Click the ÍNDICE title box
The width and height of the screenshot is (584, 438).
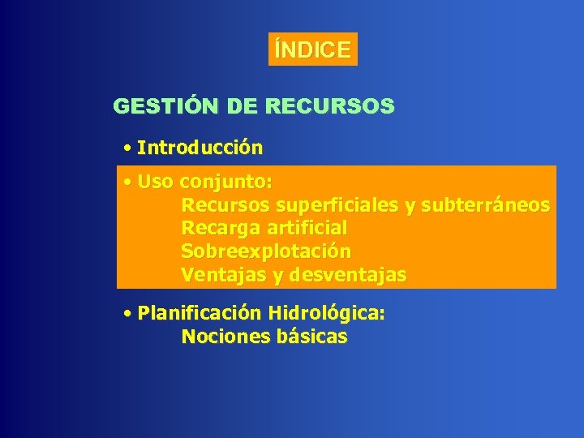click(x=312, y=49)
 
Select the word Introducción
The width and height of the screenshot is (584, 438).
click(x=200, y=148)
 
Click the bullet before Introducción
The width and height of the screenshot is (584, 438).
click(x=128, y=149)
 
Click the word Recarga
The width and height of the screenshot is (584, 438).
click(x=216, y=229)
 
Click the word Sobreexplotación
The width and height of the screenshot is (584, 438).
click(x=266, y=251)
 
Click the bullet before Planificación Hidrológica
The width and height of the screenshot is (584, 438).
click(x=128, y=313)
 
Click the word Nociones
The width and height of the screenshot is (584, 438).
click(x=220, y=337)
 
